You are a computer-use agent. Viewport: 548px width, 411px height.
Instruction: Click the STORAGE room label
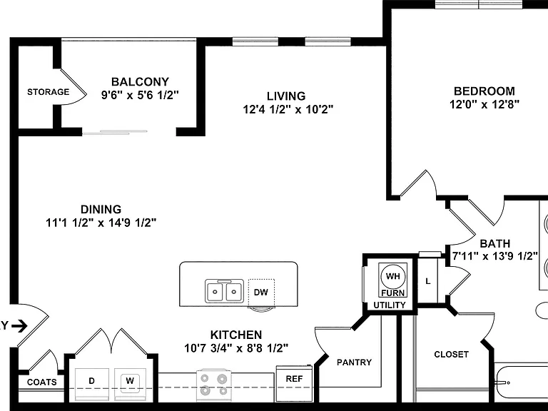[49, 92]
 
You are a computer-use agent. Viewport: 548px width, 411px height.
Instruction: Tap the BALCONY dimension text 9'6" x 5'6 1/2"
[140, 95]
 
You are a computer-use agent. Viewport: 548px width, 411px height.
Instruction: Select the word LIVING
[286, 96]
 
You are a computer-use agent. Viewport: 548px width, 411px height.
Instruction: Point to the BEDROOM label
[484, 91]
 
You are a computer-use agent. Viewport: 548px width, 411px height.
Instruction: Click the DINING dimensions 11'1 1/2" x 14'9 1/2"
[101, 223]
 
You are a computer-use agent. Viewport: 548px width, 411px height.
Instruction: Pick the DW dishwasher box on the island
[261, 292]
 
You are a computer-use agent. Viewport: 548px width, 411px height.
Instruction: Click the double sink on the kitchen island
[224, 291]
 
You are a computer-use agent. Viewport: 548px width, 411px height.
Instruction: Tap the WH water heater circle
[393, 276]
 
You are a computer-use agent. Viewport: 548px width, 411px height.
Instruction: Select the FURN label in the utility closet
[393, 293]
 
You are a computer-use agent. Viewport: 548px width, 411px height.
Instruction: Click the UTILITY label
[390, 305]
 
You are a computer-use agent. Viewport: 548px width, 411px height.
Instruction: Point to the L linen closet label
[428, 281]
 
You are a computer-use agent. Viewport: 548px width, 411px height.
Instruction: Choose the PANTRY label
[354, 362]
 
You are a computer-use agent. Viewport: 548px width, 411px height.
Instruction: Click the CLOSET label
[451, 355]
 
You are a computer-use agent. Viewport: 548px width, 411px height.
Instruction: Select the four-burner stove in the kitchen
[213, 385]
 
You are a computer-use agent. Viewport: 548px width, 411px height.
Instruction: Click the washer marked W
[130, 385]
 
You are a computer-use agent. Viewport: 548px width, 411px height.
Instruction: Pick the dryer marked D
[92, 385]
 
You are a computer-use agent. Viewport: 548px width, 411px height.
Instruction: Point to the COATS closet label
[42, 382]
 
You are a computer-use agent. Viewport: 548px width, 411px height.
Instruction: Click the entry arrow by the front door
[19, 326]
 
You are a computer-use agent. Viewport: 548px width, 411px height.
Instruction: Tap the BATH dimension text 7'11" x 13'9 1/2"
[494, 257]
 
